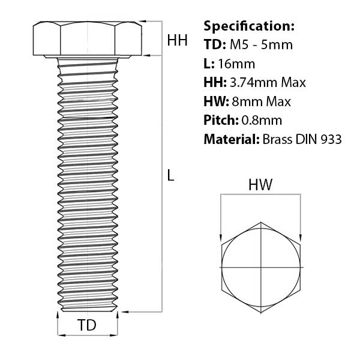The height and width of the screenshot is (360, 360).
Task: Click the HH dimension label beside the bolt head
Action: click(x=177, y=40)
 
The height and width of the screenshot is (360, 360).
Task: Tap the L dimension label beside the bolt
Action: click(x=170, y=176)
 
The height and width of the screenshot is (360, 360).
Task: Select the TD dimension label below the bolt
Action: click(x=88, y=325)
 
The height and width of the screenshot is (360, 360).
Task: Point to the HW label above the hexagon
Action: click(x=260, y=185)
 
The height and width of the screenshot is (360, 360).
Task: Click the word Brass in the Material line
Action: click(x=278, y=140)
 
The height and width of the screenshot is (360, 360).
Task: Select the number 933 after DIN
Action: click(x=331, y=140)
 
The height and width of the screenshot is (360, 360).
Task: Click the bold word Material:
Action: click(x=232, y=140)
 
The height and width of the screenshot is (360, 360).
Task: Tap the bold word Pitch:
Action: click(x=220, y=121)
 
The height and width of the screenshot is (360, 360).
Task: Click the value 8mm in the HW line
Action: click(x=247, y=102)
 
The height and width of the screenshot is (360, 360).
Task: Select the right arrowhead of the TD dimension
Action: click(x=116, y=334)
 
